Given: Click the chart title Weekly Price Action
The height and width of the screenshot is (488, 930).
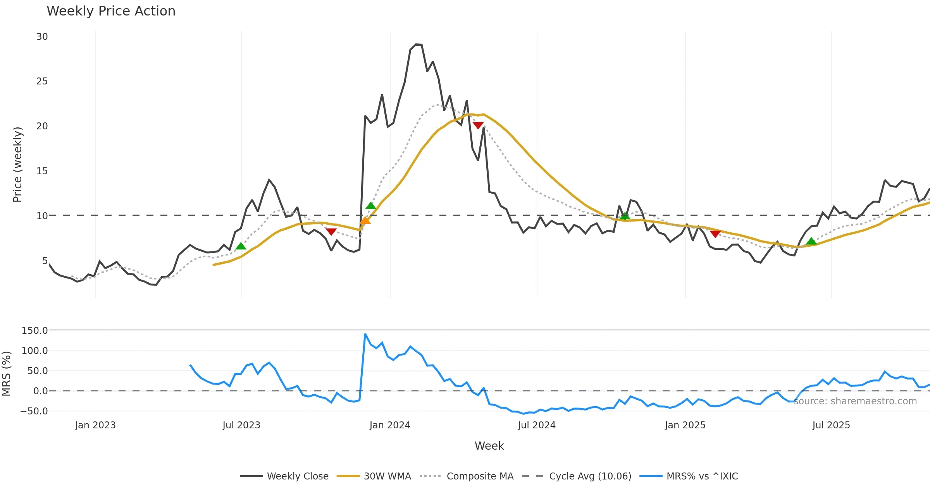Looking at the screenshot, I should (x=111, y=11).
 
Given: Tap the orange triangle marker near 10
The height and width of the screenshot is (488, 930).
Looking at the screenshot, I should (x=365, y=221).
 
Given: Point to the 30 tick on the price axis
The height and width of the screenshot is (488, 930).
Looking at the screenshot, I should (x=42, y=37).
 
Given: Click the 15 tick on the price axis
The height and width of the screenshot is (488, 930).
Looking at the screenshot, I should (x=42, y=171).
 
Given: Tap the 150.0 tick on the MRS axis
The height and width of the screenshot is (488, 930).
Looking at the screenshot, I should (x=35, y=330).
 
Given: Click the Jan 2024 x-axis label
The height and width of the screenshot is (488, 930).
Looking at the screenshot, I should (x=390, y=425).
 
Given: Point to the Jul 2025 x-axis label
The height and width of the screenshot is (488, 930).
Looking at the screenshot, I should (x=831, y=425).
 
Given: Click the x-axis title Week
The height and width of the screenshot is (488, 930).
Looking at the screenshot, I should (x=489, y=446).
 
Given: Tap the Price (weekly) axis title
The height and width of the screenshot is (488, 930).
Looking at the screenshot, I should (x=18, y=165).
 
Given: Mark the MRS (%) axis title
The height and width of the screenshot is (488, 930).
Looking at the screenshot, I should (x=6, y=373).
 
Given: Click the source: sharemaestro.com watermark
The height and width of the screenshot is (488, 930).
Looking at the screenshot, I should (x=855, y=401).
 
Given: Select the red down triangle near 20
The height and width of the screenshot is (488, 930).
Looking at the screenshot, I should (x=478, y=125).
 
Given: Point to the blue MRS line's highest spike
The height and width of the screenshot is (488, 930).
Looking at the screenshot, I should (x=365, y=334).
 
